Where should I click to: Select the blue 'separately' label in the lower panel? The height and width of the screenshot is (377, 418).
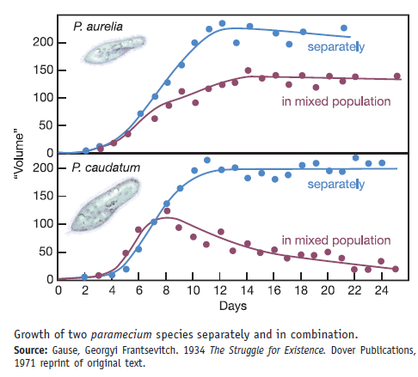(x=335, y=184)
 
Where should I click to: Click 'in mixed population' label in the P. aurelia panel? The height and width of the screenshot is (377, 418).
(x=332, y=103)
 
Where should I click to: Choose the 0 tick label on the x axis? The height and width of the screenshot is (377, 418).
(x=58, y=290)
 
